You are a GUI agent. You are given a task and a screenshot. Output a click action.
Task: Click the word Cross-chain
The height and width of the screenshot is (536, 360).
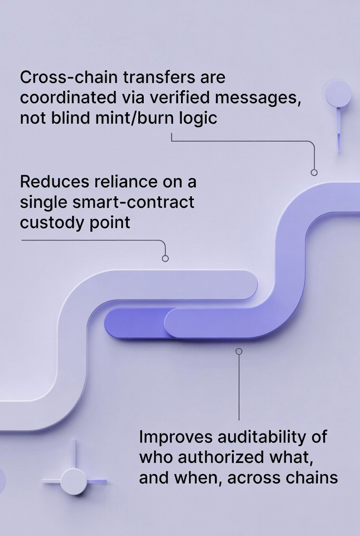pyautogui.click(x=62, y=77)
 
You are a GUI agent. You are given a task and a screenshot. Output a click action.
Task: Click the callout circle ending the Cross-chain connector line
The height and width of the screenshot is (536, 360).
pyautogui.click(x=314, y=173)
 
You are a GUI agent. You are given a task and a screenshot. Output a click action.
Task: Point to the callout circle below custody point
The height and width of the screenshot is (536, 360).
pyautogui.click(x=165, y=258)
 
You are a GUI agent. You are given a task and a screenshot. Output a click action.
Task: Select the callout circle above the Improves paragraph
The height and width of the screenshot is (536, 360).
pyautogui.click(x=239, y=351)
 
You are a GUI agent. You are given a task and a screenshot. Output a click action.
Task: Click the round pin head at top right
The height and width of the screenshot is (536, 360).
pyautogui.click(x=338, y=94)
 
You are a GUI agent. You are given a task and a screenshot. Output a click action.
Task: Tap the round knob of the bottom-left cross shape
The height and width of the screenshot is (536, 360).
pyautogui.click(x=73, y=481)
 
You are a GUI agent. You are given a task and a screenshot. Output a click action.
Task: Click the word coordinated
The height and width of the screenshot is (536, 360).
pyautogui.click(x=67, y=98)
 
